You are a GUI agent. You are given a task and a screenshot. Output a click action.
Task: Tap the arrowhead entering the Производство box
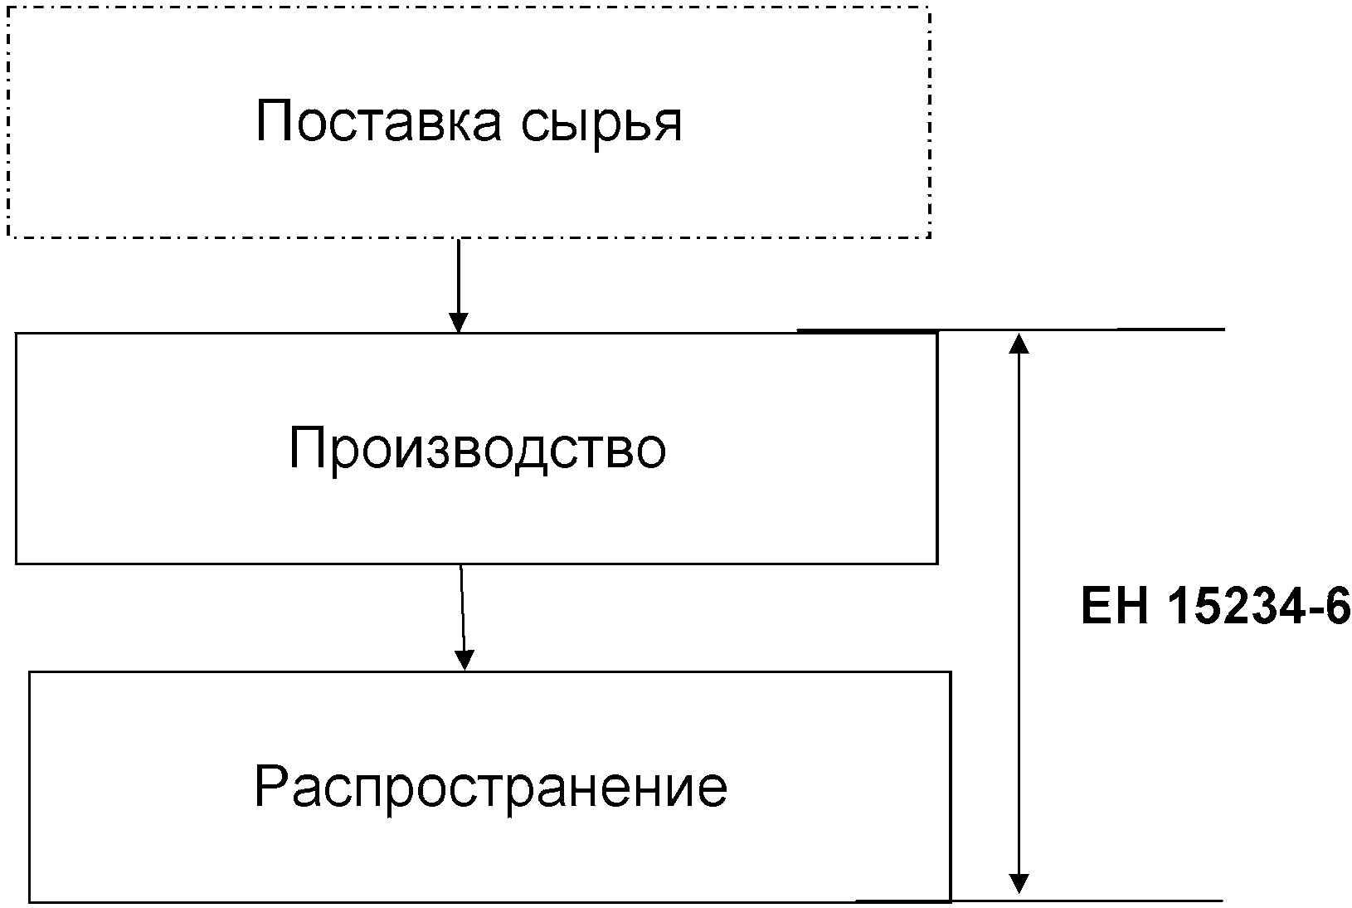point(459,323)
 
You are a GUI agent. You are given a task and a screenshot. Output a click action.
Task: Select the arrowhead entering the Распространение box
point(464,661)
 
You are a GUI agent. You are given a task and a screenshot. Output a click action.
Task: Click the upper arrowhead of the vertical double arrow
point(1019,344)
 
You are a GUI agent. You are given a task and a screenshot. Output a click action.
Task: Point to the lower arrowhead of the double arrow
point(1019,883)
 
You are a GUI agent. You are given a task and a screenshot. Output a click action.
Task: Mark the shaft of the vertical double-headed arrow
point(1019,613)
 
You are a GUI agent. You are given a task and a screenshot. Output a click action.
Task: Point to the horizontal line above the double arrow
point(1011,330)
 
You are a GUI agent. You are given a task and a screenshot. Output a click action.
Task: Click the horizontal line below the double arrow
point(1039,901)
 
